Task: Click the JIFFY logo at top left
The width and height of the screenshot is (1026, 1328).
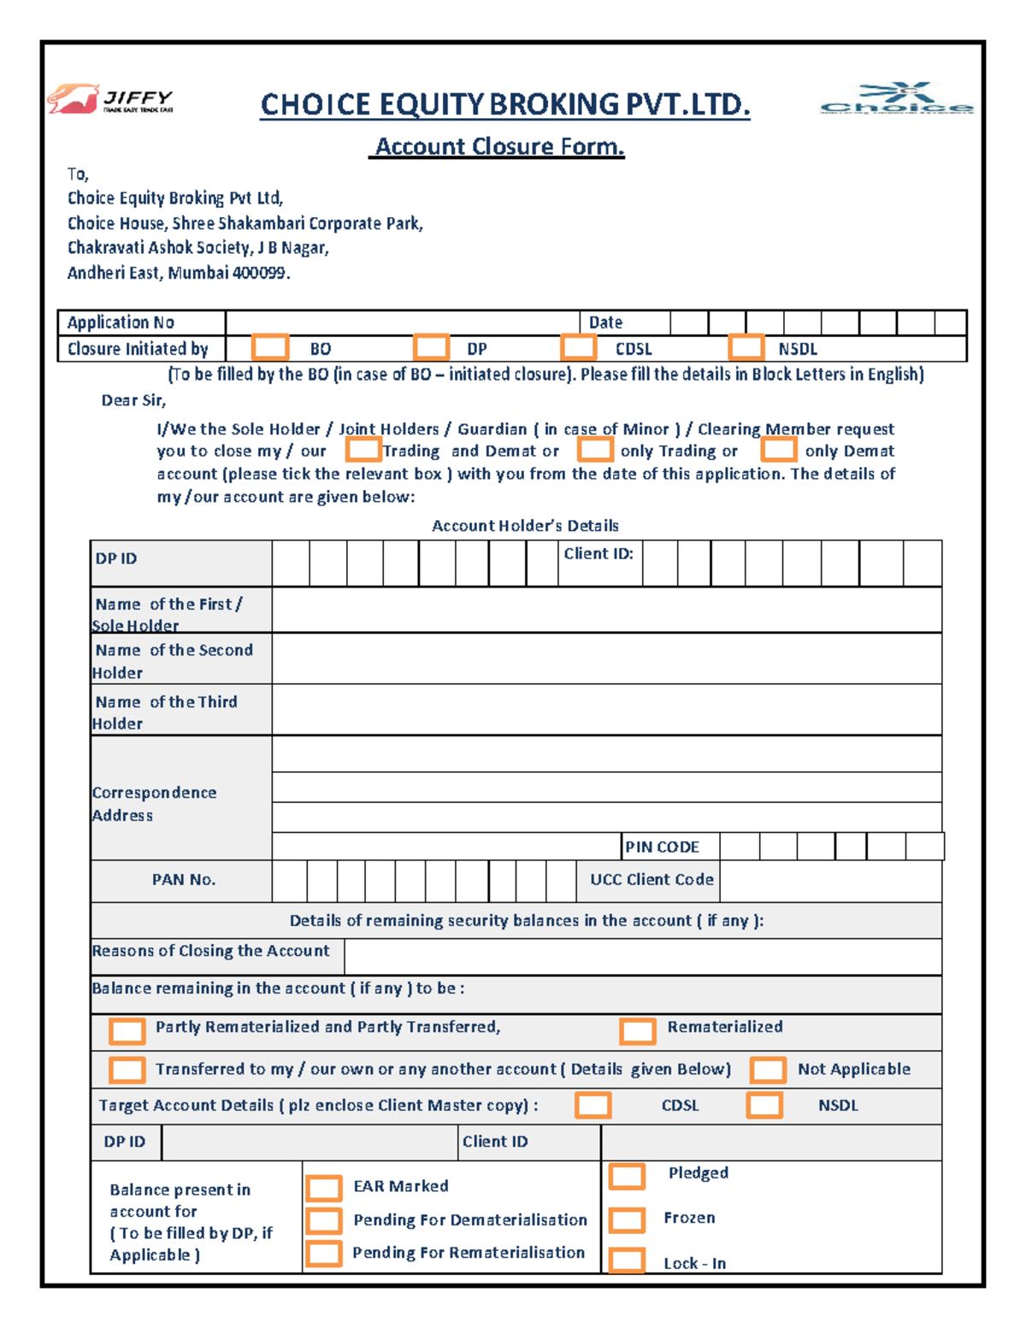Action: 110,99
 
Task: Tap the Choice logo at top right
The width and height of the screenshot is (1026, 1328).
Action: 896,99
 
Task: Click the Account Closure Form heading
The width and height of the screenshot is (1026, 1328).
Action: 499,147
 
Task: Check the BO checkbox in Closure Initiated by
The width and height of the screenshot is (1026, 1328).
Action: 270,347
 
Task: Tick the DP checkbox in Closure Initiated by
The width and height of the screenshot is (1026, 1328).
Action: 431,347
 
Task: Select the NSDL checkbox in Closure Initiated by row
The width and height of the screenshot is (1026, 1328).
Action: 746,347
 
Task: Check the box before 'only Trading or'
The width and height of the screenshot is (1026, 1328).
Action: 595,450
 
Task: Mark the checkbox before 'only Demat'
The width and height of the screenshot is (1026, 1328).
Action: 779,450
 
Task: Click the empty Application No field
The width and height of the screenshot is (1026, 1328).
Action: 402,322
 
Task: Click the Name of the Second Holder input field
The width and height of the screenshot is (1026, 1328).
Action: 606,658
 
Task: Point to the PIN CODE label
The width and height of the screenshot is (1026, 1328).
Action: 662,847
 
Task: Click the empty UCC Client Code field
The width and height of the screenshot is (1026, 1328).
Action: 829,881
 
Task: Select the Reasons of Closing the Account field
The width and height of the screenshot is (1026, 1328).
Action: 642,956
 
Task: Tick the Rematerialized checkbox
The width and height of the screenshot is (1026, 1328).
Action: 638,1030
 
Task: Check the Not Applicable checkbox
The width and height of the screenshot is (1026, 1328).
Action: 768,1070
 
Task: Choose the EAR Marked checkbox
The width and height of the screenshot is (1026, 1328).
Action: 324,1188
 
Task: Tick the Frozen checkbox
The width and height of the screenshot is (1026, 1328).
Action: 627,1219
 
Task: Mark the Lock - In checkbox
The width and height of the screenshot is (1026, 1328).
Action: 627,1260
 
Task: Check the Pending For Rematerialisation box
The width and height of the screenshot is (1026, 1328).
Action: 324,1254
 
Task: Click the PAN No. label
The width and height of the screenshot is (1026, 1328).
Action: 183,880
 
